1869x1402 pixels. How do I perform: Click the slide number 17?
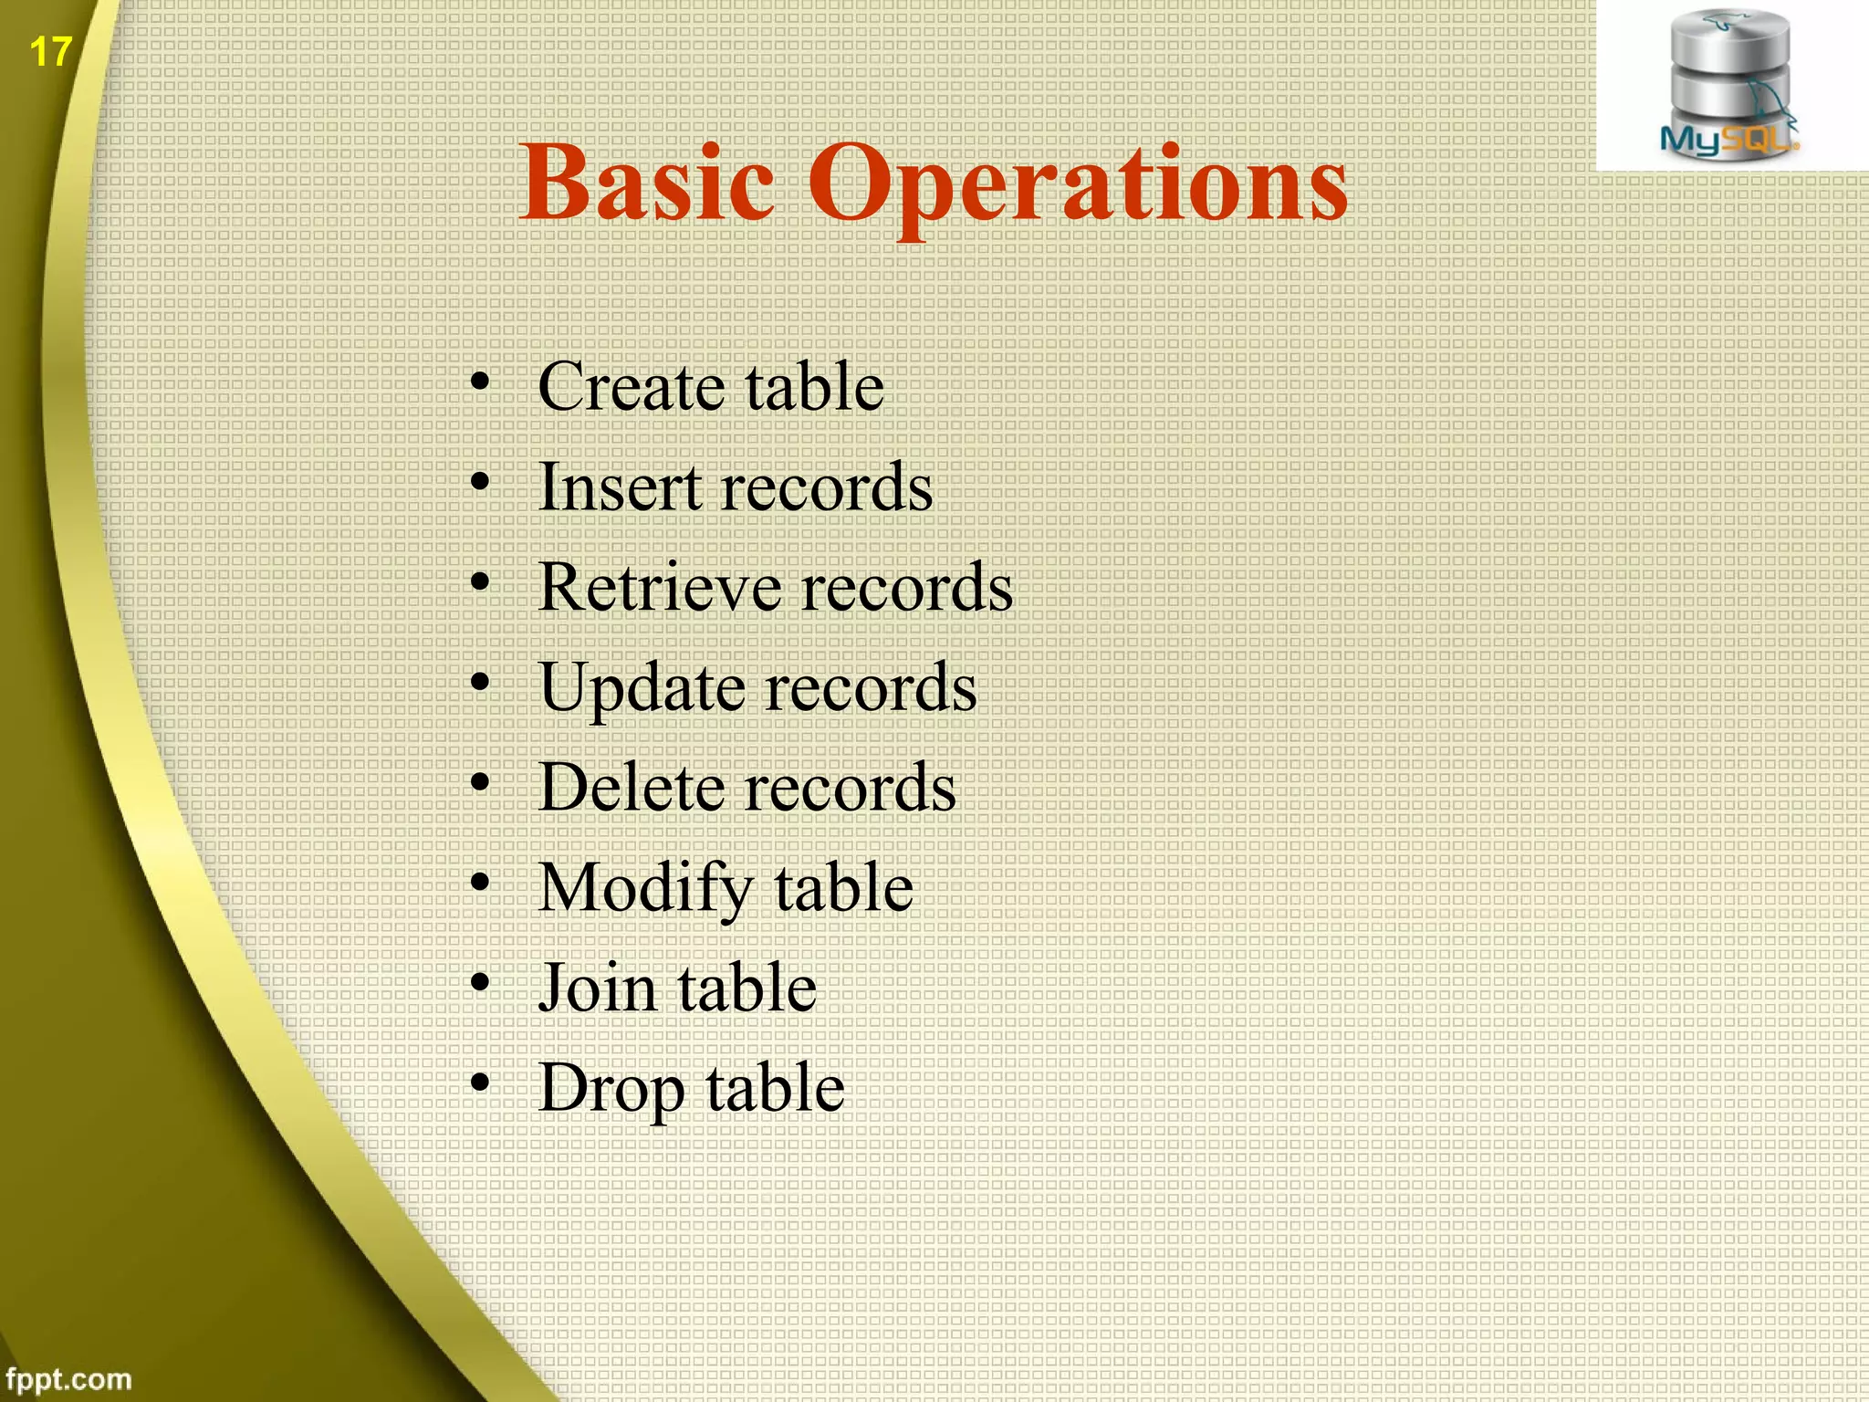(50, 52)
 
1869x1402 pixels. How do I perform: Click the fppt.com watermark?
(68, 1378)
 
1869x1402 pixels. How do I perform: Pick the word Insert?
(621, 487)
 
